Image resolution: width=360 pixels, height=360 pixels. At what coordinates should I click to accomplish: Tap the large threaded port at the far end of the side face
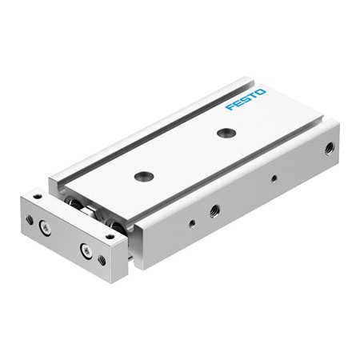[x=328, y=148]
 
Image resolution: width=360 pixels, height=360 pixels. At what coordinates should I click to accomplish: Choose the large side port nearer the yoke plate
[x=214, y=210]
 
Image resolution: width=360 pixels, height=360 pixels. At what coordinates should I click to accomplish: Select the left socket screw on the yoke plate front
[x=43, y=228]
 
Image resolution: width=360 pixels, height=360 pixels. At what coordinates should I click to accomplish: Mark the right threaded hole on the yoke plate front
[x=102, y=259]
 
